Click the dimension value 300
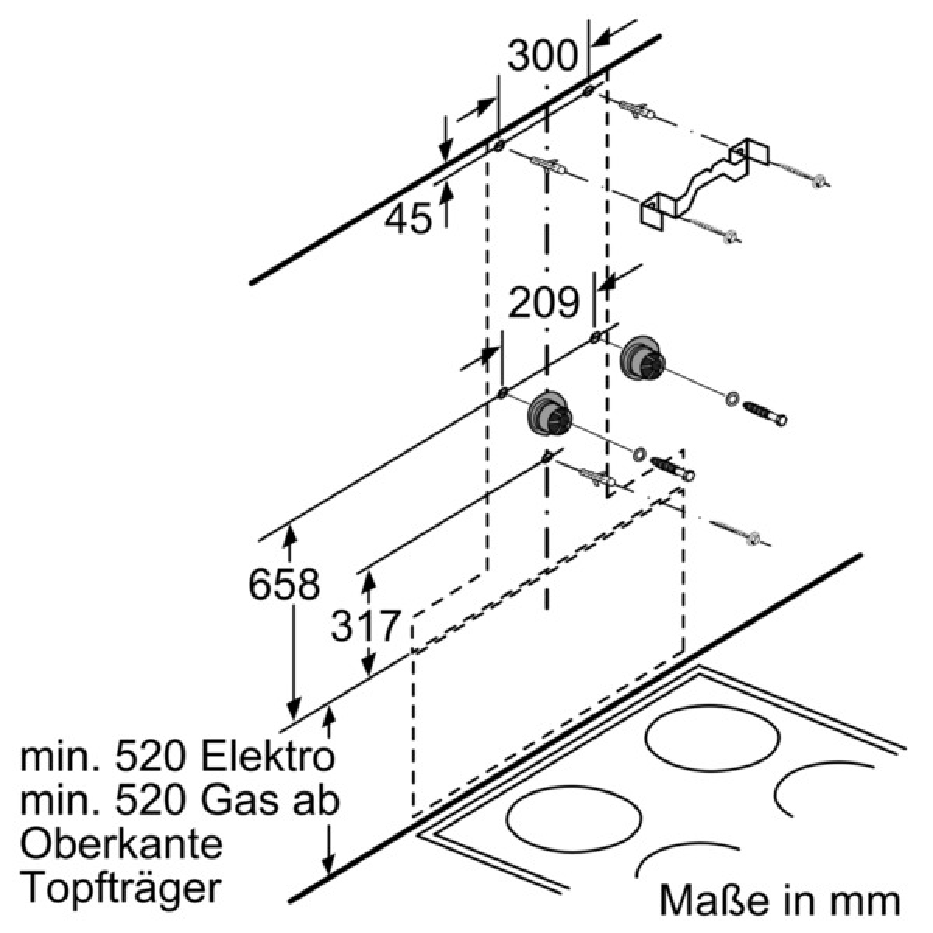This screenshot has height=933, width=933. tap(543, 56)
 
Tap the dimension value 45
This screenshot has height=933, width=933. tap(407, 218)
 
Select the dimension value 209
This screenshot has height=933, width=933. tap(543, 302)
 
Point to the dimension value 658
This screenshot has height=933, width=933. tap(285, 584)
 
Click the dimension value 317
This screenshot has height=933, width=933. tap(366, 626)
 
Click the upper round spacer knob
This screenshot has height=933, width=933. tap(643, 360)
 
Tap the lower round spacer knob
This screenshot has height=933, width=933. tap(550, 414)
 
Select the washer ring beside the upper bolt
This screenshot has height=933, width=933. tap(732, 399)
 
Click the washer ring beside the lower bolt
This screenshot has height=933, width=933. tap(639, 453)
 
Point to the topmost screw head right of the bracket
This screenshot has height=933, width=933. tap(819, 181)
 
